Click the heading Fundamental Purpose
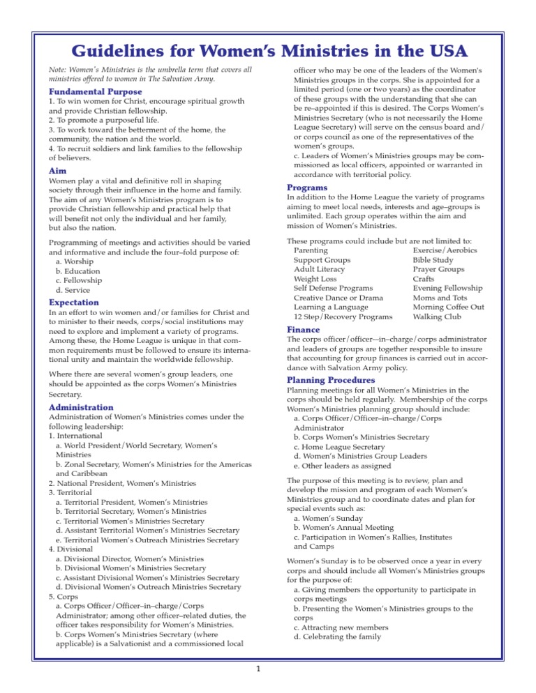pos(95,92)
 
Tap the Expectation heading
pos(74,303)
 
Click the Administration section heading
pos(81,407)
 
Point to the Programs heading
pos(307,188)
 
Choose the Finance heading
pos(304,330)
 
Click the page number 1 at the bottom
pos(258,671)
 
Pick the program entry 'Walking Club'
pos(437,317)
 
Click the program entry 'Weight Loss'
pos(315,279)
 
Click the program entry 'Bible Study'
pos(432,260)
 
